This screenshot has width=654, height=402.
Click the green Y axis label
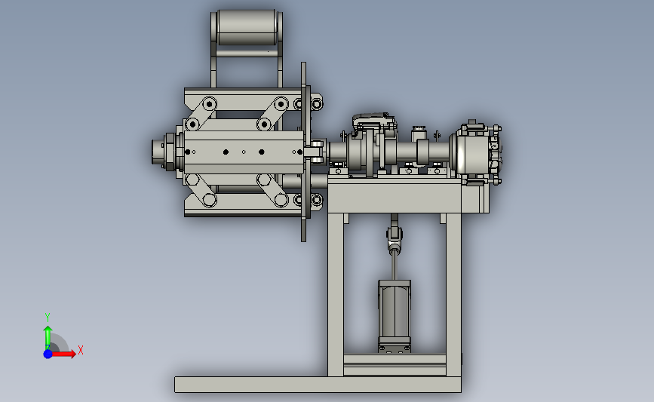pos(47,318)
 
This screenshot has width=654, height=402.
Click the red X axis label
pos(81,350)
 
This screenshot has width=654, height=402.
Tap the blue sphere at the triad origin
pos(48,354)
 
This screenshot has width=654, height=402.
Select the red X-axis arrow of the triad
pos(63,354)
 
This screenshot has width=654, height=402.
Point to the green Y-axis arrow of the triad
pos(48,337)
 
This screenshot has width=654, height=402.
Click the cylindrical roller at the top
pos(247,27)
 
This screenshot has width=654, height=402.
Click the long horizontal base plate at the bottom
pos(318,385)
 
